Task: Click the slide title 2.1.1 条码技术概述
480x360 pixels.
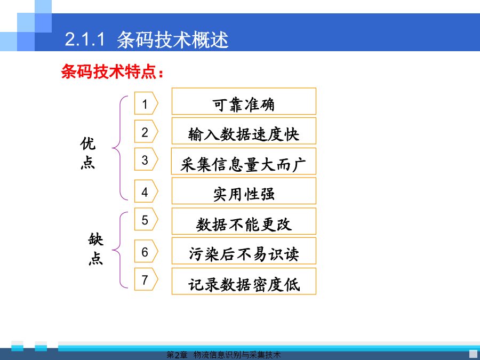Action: [x=147, y=40]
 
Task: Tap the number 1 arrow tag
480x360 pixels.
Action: [x=146, y=103]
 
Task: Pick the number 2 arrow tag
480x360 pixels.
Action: [x=146, y=131]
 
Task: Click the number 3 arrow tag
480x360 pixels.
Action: [x=146, y=159]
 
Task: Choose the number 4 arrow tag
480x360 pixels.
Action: [x=146, y=191]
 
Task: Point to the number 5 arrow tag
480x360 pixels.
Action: [x=146, y=219]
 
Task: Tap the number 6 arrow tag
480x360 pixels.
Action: [x=146, y=251]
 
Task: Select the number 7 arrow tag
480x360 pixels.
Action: [x=146, y=279]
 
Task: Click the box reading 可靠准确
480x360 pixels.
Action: [x=244, y=101]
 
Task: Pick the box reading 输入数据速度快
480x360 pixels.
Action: [x=244, y=131]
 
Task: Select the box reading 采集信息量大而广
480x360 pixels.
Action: [x=244, y=161]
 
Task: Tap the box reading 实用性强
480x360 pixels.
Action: [x=244, y=191]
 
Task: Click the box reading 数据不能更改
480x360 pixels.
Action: [x=244, y=221]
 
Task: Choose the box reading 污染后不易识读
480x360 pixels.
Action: [x=244, y=251]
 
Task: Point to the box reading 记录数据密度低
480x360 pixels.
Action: [x=244, y=281]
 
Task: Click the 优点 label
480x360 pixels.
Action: [x=88, y=153]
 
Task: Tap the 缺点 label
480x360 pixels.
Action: [x=96, y=249]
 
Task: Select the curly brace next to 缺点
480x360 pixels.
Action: [x=120, y=250]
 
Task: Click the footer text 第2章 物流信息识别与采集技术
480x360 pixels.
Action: [x=223, y=355]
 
